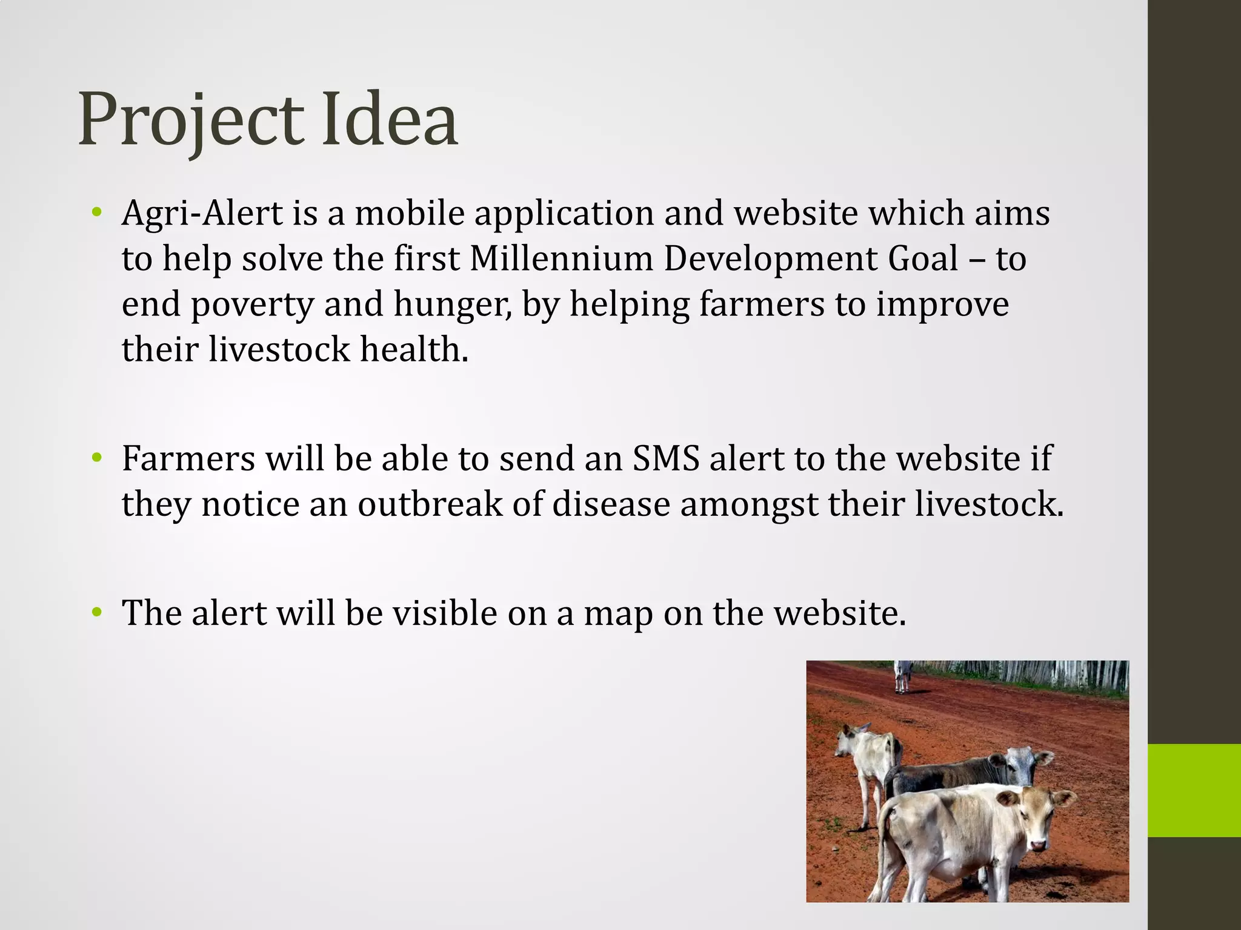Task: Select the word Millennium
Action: tap(561, 259)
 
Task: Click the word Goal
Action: tap(923, 259)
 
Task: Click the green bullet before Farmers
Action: tap(96, 458)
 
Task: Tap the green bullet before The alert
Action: tap(96, 613)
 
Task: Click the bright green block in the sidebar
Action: tap(1194, 790)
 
